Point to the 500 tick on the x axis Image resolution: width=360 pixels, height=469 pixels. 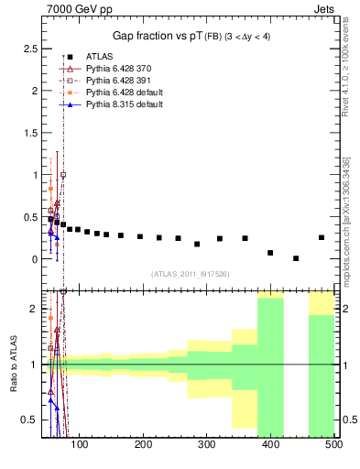click(x=333, y=445)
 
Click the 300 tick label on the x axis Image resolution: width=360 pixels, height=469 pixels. click(x=206, y=445)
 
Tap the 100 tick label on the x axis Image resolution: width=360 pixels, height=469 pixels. click(x=79, y=445)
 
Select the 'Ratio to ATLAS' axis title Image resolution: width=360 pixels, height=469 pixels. click(x=13, y=365)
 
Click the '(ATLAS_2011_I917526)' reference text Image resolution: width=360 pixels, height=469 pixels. click(x=191, y=274)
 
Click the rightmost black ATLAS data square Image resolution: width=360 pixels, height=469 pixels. click(x=321, y=237)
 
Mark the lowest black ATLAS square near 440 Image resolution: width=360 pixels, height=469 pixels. click(x=296, y=258)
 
